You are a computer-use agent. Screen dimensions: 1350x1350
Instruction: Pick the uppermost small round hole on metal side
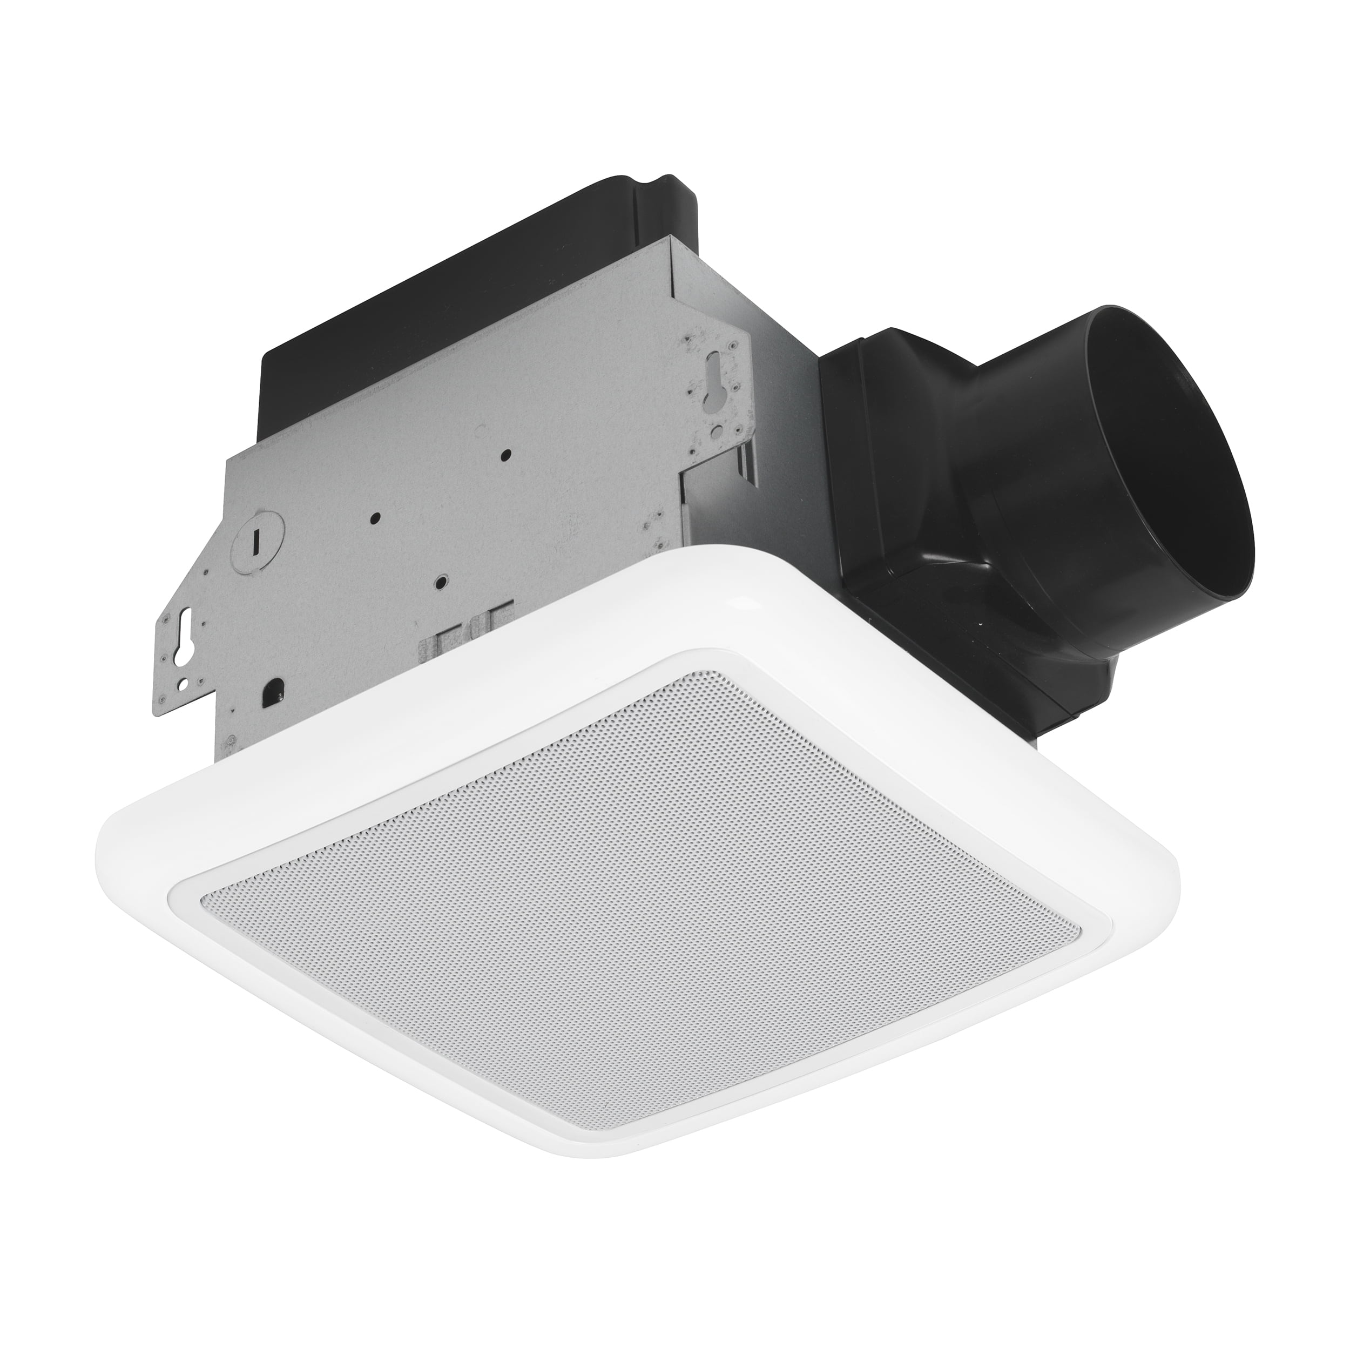click(x=506, y=454)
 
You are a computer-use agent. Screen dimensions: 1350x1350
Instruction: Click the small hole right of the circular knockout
click(x=376, y=517)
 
